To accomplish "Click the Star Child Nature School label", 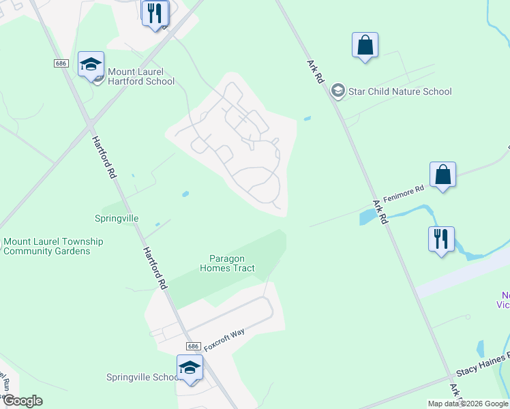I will coord(400,91).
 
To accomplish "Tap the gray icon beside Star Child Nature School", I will coord(337,91).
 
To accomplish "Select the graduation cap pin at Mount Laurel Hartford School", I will coord(91,65).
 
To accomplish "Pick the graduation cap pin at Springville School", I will coord(190,368).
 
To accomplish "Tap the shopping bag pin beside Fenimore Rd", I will coord(442,175).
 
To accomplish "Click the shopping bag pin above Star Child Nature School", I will coord(365,46).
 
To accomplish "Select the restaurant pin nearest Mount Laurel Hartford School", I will coord(155,13).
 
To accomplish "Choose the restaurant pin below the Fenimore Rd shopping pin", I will coord(441,239).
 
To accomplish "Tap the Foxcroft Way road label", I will coord(224,337).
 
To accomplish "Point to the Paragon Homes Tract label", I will coord(227,263).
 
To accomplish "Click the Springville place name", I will coord(117,218).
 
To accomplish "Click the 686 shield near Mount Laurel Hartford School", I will coord(61,63).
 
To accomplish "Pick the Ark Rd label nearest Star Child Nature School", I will coord(315,70).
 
